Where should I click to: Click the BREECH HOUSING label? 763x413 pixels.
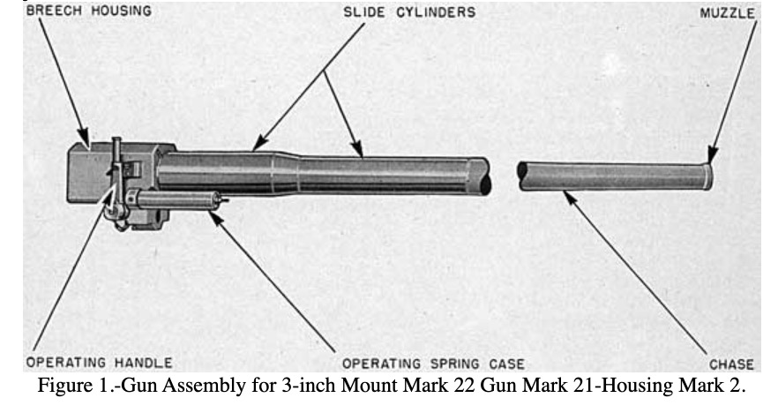89,11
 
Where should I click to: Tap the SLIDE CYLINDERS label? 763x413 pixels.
409,12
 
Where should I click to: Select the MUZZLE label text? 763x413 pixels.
727,12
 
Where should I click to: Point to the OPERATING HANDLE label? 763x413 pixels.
100,363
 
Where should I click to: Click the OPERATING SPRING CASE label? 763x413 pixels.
433,364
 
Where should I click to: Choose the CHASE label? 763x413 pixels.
731,364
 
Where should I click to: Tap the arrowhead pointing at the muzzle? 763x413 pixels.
712,154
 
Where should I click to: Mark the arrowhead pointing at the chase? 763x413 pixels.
571,198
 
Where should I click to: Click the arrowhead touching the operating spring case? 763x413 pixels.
216,217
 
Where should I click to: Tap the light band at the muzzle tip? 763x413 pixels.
707,176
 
